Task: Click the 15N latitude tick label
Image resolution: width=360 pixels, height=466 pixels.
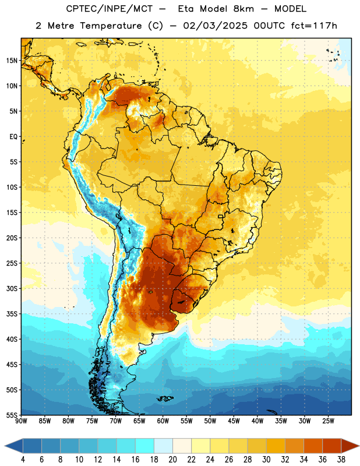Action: pos(12,61)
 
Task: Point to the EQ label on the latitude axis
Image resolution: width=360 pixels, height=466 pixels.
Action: pos(13,137)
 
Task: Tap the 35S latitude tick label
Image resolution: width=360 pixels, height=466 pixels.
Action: pos(12,314)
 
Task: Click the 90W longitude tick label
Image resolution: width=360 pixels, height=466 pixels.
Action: pos(21,421)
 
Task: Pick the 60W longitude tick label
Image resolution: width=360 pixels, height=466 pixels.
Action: pos(163,421)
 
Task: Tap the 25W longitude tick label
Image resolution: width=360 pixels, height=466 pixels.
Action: pos(328,421)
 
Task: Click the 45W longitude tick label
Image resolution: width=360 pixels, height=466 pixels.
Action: pos(234,421)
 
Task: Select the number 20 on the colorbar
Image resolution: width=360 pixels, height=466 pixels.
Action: pos(172,460)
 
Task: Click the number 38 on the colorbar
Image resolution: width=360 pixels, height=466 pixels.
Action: pos(341,460)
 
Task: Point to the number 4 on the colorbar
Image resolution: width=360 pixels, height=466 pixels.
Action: pos(23,460)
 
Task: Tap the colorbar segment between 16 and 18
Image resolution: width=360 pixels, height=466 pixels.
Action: pos(145,446)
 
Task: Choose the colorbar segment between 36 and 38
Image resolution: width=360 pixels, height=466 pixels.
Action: pos(332,446)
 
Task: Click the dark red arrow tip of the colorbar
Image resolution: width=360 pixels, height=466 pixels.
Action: pos(358,446)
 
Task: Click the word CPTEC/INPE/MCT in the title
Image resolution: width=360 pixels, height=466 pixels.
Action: pos(110,9)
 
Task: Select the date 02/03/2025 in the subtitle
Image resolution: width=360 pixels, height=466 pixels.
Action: pos(215,26)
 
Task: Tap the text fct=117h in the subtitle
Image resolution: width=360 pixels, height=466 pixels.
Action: pos(314,26)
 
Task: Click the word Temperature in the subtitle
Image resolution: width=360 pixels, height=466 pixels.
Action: pos(111,26)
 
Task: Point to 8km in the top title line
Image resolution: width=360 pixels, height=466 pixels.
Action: pos(243,9)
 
